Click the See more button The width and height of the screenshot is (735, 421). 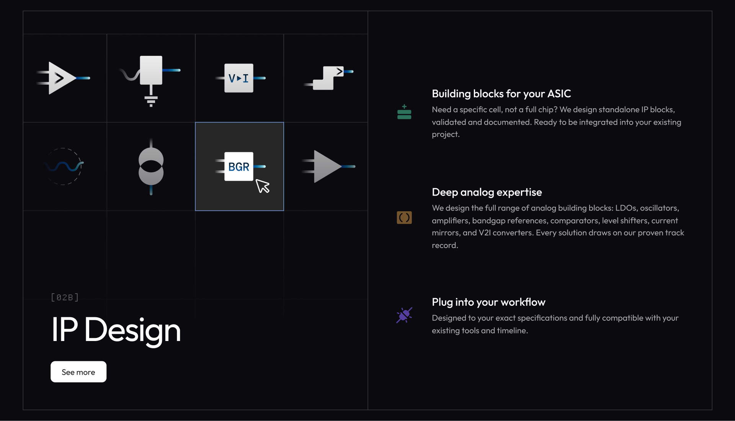coord(78,372)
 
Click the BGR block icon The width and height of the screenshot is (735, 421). coord(239,166)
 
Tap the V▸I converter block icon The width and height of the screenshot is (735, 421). coord(239,78)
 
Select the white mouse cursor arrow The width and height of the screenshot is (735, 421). coord(263,186)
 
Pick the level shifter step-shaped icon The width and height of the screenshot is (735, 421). coord(328,78)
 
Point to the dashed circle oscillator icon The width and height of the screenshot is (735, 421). coord(63,166)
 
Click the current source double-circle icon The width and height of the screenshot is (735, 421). coord(151,166)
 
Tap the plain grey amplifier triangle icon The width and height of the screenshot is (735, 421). coord(328,166)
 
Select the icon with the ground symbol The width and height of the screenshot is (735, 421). coord(151,80)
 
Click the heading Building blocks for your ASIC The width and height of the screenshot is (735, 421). coord(501,94)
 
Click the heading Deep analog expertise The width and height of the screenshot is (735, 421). coord(487,192)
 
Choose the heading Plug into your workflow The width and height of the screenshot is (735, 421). coord(488,302)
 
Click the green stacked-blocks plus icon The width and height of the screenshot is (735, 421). coord(404,112)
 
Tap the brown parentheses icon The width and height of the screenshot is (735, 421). coord(404,218)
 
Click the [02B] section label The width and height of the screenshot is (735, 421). coord(65,297)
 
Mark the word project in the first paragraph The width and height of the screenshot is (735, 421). coord(446,135)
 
